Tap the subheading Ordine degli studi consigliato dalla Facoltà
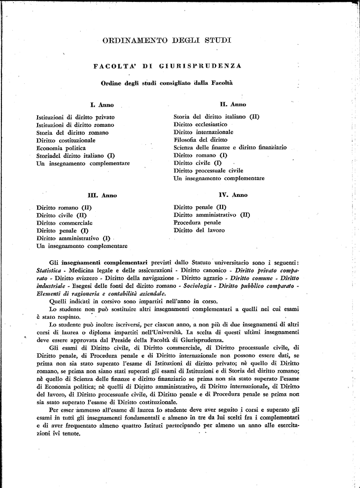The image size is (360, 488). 167,83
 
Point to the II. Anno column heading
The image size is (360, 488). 233,104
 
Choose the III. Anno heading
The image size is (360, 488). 102,195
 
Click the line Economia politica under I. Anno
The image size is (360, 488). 61,148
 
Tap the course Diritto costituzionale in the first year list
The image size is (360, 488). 66,140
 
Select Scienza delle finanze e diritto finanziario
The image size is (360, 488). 230,148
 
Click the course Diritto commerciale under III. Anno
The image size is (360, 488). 64,223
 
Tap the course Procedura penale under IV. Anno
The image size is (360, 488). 197,223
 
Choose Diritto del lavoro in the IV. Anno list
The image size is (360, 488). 199,230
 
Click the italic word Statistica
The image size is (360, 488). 51,270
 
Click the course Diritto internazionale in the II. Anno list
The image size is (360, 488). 204,132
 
